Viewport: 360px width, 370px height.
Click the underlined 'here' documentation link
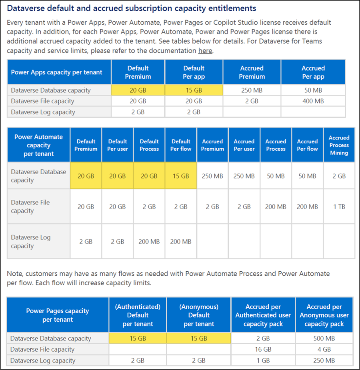click(x=205, y=50)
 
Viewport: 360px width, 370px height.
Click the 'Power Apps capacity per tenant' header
click(x=56, y=72)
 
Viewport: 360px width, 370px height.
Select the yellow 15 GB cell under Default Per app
click(x=194, y=90)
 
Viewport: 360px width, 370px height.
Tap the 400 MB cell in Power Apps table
click(x=313, y=101)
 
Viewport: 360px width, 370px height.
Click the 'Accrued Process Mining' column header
click(x=339, y=145)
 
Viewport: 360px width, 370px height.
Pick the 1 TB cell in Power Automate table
click(x=339, y=207)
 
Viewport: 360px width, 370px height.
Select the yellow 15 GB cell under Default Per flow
click(x=181, y=176)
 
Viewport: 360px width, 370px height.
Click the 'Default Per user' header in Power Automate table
click(x=118, y=145)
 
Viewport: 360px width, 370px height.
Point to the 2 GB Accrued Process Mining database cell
click(x=339, y=176)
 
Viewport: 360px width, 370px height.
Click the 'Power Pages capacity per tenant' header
click(x=58, y=315)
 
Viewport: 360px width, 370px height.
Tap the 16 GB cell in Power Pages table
click(x=263, y=349)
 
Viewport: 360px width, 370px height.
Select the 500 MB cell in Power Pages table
click(x=324, y=338)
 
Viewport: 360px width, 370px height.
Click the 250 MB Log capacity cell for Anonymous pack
click(x=324, y=360)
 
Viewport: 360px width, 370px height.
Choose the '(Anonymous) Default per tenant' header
click(x=199, y=315)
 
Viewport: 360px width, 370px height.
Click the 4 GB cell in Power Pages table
click(x=324, y=349)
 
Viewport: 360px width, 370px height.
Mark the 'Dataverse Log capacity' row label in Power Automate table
click(x=31, y=241)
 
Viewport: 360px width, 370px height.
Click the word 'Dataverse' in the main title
click(x=26, y=8)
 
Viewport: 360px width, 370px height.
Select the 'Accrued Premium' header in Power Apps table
click(x=252, y=72)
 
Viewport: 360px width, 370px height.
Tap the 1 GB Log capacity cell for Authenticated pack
click(x=263, y=360)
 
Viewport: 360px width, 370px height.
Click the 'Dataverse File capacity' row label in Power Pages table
click(x=42, y=349)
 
